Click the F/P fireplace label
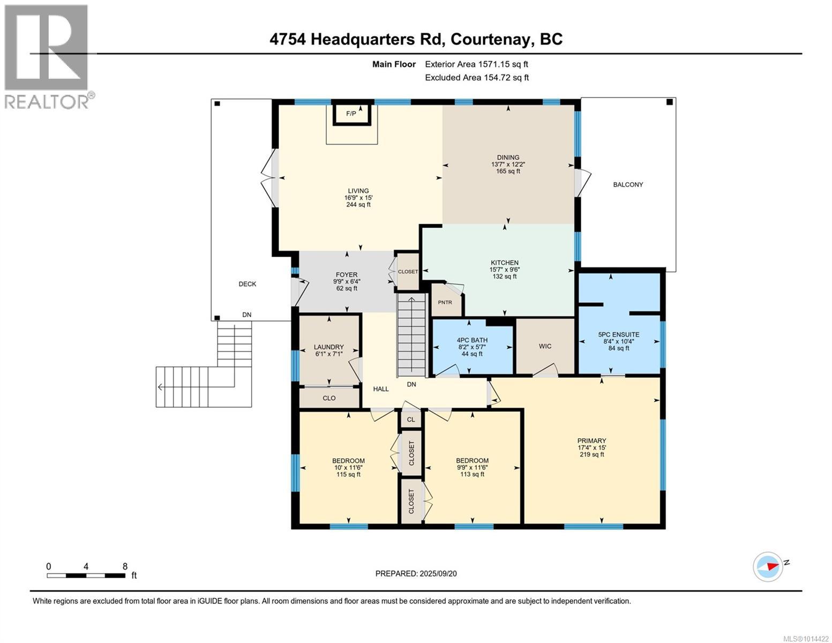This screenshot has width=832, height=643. [351, 114]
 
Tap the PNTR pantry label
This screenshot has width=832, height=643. [445, 302]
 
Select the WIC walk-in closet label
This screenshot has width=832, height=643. [545, 346]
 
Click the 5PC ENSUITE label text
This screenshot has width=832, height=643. [619, 334]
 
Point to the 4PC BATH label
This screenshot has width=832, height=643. [471, 340]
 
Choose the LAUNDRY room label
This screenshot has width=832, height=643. [328, 347]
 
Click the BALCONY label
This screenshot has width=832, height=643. [628, 184]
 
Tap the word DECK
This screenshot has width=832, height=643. [247, 284]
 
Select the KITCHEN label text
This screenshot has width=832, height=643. [504, 263]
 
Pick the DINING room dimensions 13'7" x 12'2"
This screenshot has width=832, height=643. [508, 165]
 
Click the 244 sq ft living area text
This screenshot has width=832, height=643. [358, 205]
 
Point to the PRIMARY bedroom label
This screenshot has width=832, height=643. [591, 441]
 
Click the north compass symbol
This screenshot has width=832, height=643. [768, 566]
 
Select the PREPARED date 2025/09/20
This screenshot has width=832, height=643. [416, 573]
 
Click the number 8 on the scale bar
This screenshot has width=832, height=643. [125, 566]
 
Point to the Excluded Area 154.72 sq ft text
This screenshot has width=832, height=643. [477, 77]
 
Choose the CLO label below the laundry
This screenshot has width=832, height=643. [329, 398]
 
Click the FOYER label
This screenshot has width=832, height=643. [347, 275]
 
